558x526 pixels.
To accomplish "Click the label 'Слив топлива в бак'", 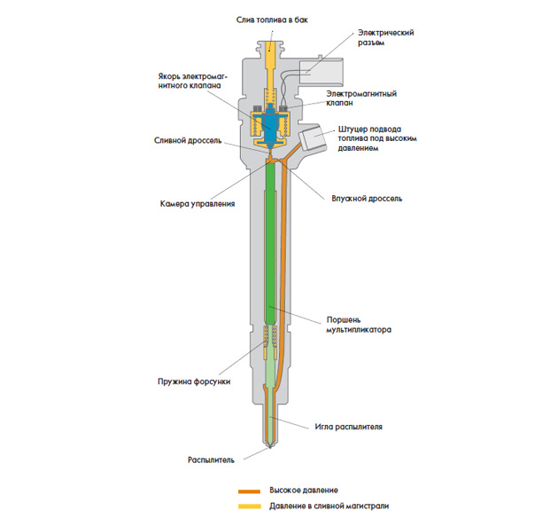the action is click(x=272, y=20).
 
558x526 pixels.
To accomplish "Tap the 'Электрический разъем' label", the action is click(x=386, y=37).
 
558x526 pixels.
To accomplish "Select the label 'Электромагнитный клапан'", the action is click(x=361, y=98).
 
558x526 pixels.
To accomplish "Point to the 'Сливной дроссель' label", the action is click(x=188, y=140).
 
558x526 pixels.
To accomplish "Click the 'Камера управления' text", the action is click(x=198, y=204).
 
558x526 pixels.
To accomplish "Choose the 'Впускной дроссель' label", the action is click(x=367, y=199).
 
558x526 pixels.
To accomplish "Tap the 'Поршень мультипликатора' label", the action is click(x=359, y=325).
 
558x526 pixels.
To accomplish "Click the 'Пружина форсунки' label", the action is click(x=194, y=381).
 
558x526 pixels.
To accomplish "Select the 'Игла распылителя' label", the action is click(x=348, y=427).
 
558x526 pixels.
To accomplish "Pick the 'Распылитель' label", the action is click(x=211, y=460).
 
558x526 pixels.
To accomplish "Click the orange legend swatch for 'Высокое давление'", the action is click(x=249, y=491).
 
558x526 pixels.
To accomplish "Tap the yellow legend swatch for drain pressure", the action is click(x=249, y=506).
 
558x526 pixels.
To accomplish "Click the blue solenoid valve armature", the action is click(x=271, y=125).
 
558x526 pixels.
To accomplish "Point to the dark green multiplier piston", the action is click(x=271, y=242).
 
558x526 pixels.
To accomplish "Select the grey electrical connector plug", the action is click(x=322, y=73).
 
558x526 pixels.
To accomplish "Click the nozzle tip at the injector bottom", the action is click(x=270, y=446).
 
